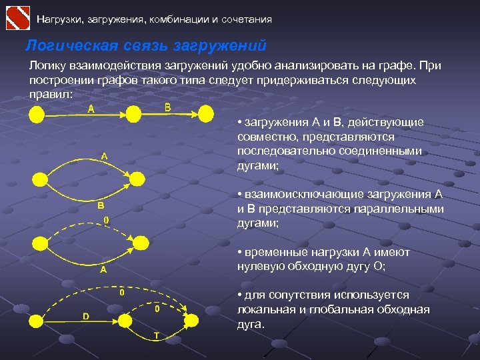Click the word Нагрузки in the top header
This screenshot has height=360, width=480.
click(x=57, y=19)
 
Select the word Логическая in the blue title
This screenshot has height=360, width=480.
click(x=63, y=46)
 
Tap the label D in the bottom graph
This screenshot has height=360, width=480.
click(x=86, y=316)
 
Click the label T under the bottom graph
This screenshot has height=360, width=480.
click(x=156, y=335)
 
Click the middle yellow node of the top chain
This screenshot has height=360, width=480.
click(x=134, y=116)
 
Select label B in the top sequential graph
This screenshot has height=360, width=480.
click(x=167, y=107)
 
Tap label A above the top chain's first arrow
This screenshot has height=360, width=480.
click(x=90, y=109)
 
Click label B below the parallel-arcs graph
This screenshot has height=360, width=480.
click(x=101, y=206)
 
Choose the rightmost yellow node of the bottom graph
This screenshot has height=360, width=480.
click(x=191, y=321)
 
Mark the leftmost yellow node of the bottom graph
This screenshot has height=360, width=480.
click(x=37, y=321)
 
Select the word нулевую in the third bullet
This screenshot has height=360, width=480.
click(x=260, y=267)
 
